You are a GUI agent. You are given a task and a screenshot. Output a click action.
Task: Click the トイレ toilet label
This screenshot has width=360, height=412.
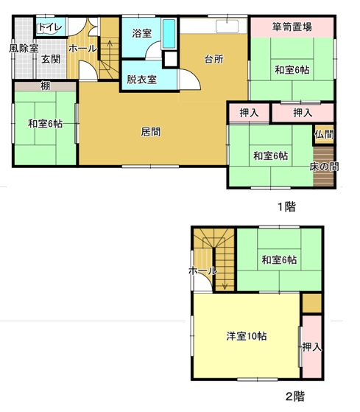50,27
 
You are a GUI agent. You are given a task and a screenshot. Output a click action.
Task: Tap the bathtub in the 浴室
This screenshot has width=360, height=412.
169,34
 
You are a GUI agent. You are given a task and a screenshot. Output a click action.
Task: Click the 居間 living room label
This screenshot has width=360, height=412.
151,132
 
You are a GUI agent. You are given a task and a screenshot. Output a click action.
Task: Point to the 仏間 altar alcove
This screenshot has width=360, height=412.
325,134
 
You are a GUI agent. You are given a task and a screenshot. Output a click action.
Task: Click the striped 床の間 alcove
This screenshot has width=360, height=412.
324,167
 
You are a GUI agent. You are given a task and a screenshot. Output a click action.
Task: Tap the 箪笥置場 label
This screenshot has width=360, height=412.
292,27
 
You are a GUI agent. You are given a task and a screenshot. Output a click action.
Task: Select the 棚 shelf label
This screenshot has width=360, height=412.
45,86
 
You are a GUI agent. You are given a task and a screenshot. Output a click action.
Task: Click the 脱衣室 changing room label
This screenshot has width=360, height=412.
141,80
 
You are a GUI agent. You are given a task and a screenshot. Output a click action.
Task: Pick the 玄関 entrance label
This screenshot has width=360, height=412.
51,59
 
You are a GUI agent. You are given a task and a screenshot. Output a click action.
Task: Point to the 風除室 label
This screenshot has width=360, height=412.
24,49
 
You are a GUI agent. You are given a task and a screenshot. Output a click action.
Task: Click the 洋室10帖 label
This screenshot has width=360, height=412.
247,336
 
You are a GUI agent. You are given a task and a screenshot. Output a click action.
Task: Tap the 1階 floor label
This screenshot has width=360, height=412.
287,207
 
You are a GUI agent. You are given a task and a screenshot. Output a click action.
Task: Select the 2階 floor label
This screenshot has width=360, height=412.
295,397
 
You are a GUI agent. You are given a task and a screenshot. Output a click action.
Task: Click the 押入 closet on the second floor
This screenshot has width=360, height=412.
312,347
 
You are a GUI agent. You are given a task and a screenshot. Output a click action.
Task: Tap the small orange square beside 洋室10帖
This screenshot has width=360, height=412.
312,303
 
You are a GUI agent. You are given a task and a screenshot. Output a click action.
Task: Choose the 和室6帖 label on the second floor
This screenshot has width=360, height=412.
279,260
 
